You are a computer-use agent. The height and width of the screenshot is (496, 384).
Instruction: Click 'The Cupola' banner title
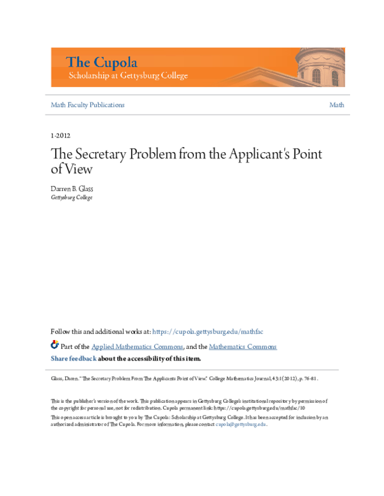coord(101,62)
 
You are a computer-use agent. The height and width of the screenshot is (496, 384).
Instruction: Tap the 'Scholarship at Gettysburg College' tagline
coord(128,75)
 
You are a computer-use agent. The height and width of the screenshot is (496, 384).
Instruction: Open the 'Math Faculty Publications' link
coord(88,105)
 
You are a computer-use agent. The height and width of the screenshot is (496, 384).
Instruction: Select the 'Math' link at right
coord(337,105)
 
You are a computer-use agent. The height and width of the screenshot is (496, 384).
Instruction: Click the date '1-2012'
coord(60,136)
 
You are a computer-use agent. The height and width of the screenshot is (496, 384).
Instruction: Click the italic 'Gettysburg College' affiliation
coord(72,198)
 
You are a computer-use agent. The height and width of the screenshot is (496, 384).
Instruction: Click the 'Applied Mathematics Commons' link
coord(138,346)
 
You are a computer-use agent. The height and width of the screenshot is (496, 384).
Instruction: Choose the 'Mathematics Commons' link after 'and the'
coord(243,346)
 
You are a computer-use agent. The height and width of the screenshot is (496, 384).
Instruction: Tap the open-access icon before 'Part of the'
coord(54,345)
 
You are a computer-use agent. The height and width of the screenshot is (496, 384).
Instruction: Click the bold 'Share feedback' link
coord(74,359)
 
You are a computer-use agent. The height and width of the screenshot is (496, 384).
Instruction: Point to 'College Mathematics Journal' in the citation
coord(238,378)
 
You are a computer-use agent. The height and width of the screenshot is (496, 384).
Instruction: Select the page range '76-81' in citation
coord(308,378)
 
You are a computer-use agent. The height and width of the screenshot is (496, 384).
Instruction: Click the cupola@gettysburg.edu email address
coord(241,424)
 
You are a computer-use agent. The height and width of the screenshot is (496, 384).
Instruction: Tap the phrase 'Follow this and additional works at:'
coord(100,332)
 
